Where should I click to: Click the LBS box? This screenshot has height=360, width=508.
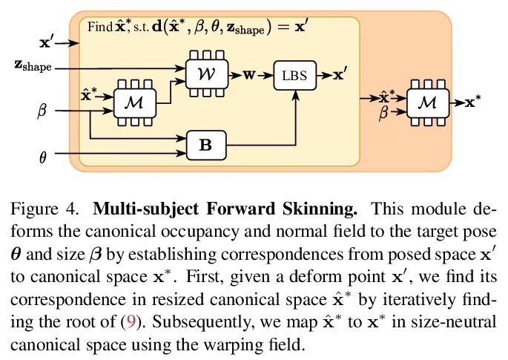(x=295, y=75)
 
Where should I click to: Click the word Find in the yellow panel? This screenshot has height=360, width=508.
(x=99, y=27)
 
